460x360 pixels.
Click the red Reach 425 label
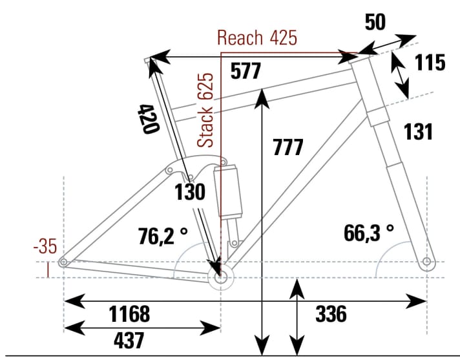pyautogui.click(x=257, y=37)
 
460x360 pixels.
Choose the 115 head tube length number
pyautogui.click(x=430, y=63)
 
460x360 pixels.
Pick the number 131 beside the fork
pyautogui.click(x=418, y=131)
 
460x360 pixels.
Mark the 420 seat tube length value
pyautogui.click(x=148, y=118)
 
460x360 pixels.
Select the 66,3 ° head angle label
pyautogui.click(x=368, y=233)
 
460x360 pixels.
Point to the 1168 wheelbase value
pyautogui.click(x=129, y=315)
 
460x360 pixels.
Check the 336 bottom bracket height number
pyautogui.click(x=331, y=315)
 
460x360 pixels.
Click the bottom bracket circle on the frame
pyautogui.click(x=220, y=277)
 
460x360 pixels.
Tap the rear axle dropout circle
pyautogui.click(x=63, y=262)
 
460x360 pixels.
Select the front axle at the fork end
pyautogui.click(x=426, y=262)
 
